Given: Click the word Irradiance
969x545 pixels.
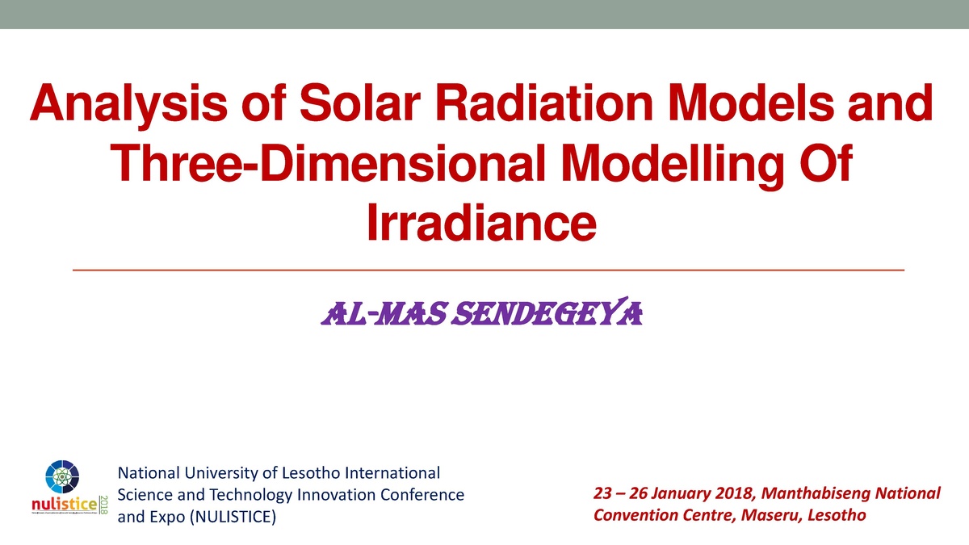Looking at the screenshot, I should point(483,222).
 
